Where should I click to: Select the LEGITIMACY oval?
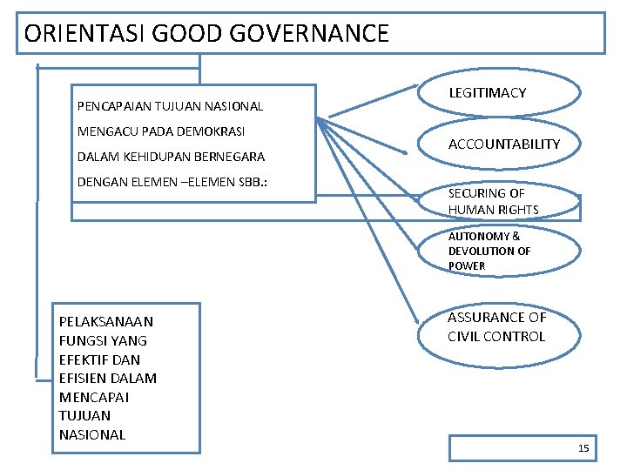[500, 93]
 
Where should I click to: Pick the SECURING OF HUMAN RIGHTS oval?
[500, 201]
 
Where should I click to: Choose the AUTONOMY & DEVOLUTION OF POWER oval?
[500, 251]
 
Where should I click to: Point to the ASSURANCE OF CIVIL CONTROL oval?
[500, 327]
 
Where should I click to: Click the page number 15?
[583, 448]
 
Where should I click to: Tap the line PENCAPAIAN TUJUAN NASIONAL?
[170, 106]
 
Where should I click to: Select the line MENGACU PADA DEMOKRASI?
[161, 131]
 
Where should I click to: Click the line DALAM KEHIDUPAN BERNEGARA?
[171, 157]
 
